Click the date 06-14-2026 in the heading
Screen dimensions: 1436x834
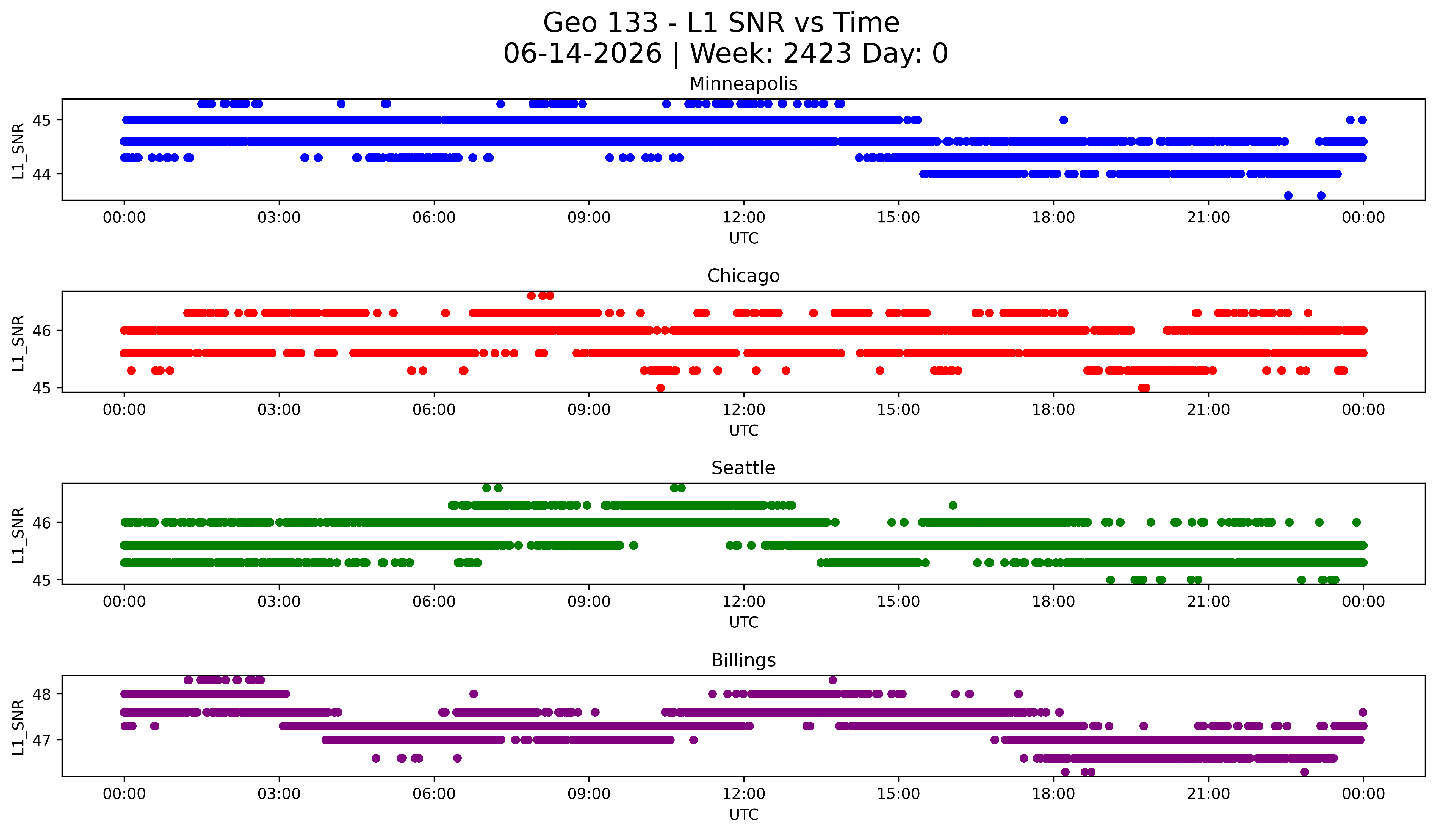(x=582, y=54)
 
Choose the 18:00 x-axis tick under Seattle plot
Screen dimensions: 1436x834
(x=1053, y=601)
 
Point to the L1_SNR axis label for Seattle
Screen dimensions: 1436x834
(x=18, y=535)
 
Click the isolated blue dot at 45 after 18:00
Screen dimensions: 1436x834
(x=1063, y=120)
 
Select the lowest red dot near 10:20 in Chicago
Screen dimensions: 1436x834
(x=660, y=388)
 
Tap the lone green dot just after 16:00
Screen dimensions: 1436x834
(x=953, y=505)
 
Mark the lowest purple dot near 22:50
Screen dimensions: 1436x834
(x=1304, y=772)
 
